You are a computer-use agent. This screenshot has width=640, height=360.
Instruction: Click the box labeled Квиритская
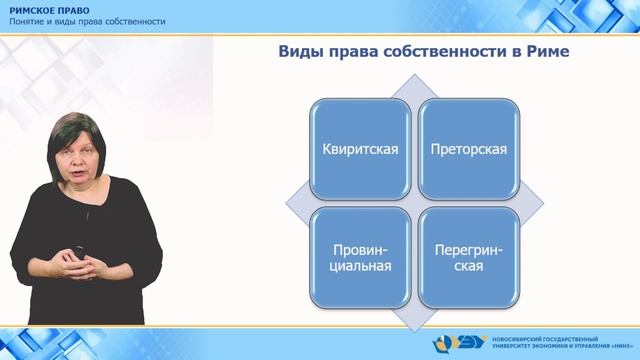pos(360,150)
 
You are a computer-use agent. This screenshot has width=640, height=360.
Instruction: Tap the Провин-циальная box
pos(360,257)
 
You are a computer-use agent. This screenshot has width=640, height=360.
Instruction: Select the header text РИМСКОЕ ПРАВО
pos(50,9)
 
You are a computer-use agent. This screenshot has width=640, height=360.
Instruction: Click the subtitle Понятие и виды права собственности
pos(88,21)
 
